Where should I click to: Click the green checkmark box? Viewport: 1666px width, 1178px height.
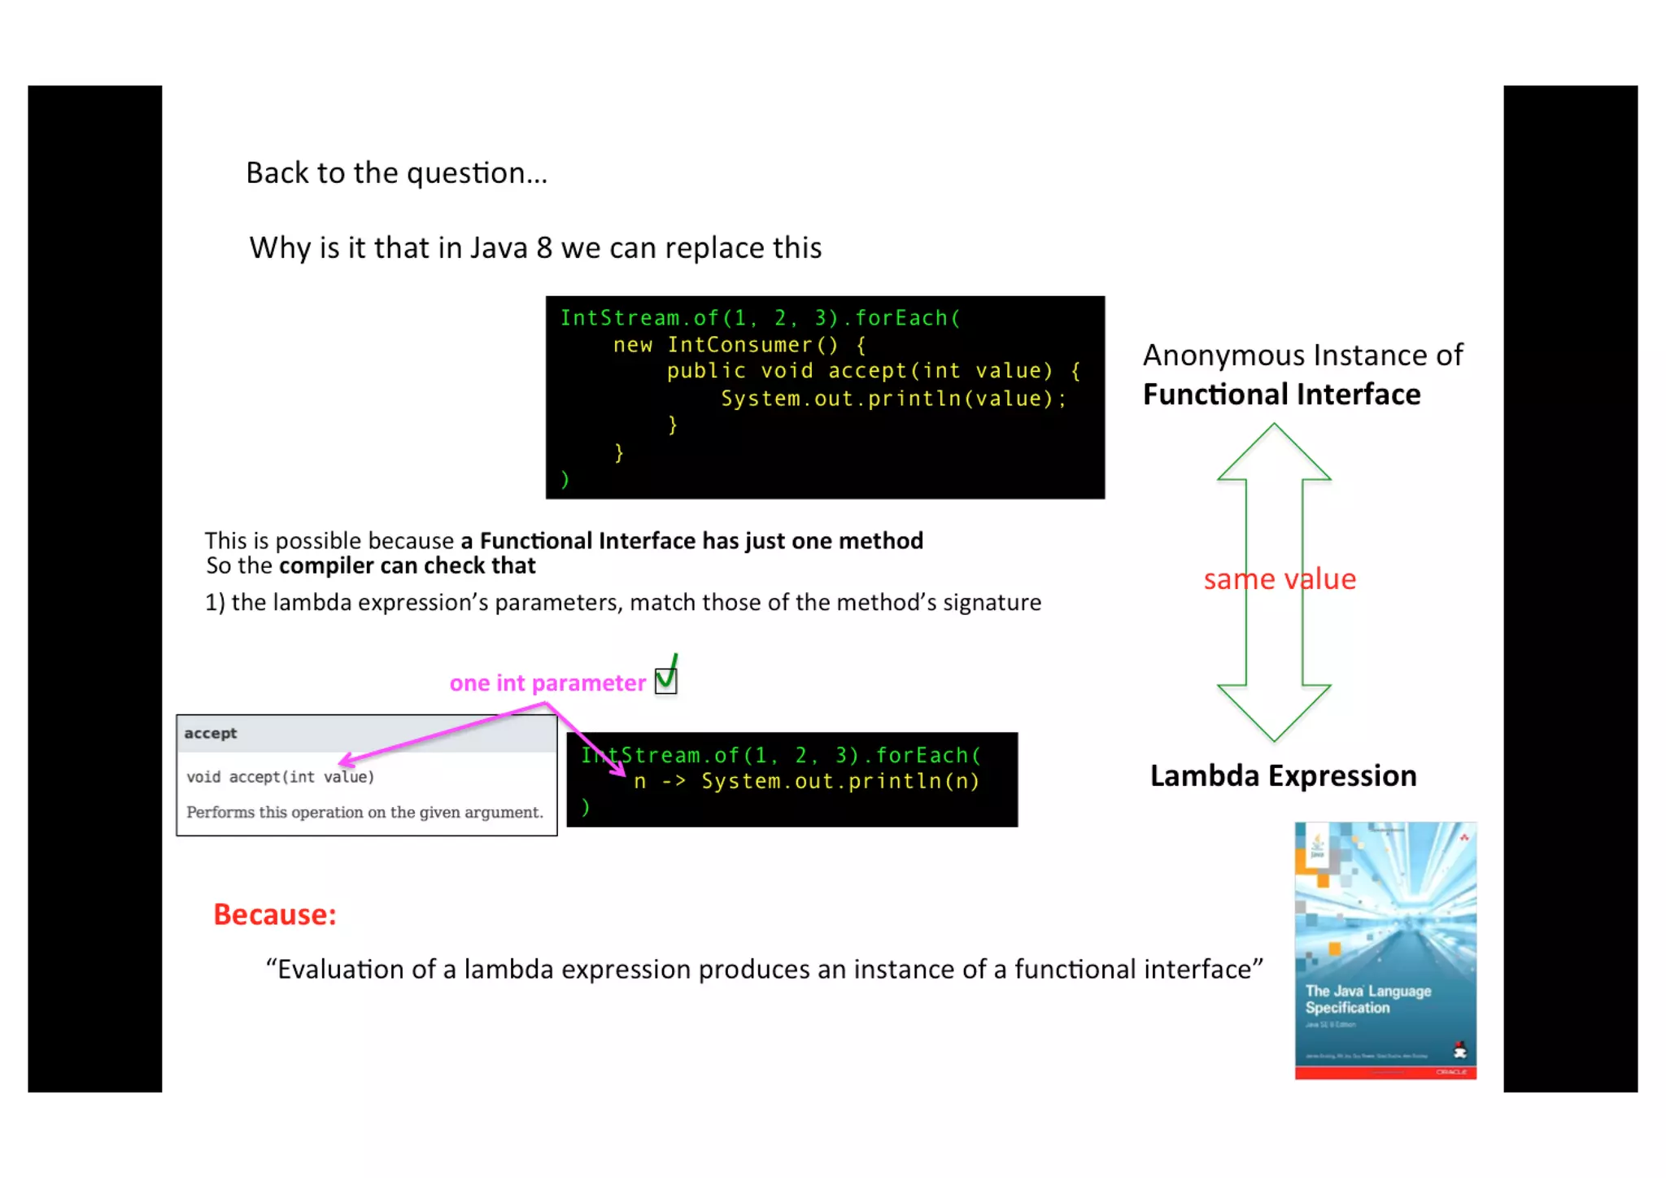(665, 679)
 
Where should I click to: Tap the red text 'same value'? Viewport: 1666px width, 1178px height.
(1280, 579)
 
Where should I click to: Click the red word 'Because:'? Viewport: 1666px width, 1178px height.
(274, 914)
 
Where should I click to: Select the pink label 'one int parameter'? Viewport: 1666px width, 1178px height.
(547, 683)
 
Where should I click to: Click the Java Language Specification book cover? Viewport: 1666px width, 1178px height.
(1385, 950)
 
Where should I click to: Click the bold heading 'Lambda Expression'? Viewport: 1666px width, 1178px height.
(1283, 776)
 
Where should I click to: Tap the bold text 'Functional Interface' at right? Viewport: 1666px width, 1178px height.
(1281, 395)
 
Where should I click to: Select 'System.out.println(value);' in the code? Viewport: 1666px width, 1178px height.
(892, 399)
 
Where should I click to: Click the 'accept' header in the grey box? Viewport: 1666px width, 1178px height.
(211, 733)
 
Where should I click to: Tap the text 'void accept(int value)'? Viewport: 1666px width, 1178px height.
(280, 777)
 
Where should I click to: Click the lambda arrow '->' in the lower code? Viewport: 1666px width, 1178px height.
(674, 782)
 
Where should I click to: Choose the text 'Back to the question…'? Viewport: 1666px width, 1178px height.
(396, 173)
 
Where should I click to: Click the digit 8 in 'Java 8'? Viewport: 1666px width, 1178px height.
(543, 248)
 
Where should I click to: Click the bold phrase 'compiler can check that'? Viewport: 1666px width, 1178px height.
(407, 566)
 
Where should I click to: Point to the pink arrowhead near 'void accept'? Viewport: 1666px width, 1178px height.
(345, 761)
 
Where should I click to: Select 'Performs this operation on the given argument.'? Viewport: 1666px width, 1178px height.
(364, 812)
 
